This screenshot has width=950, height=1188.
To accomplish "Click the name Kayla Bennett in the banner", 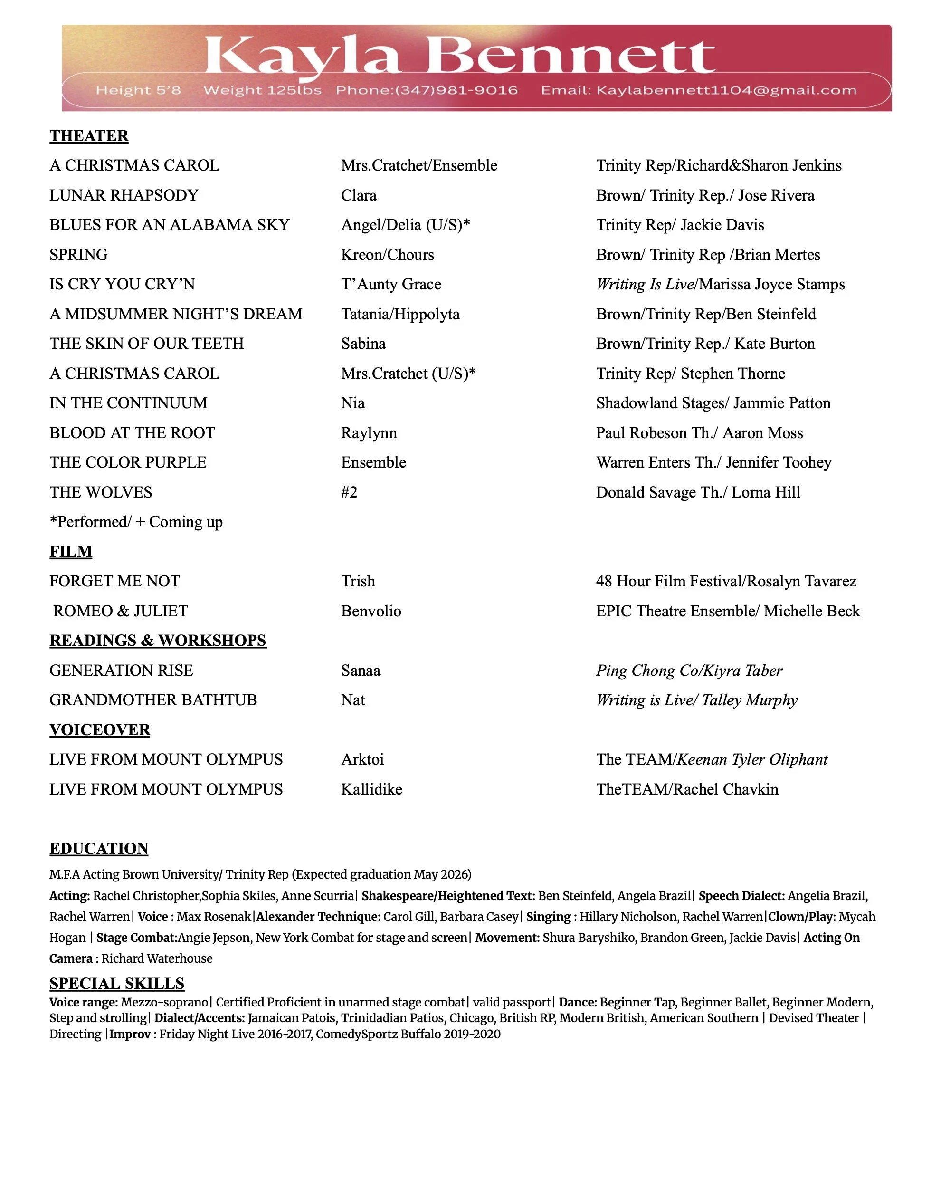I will point(459,56).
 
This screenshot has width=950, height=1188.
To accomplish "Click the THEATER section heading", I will point(89,136).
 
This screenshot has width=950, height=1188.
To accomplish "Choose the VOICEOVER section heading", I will point(100,729).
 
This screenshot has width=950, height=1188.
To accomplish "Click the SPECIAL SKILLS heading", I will point(117,984).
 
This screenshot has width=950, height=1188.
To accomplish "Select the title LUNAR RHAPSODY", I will point(124,195).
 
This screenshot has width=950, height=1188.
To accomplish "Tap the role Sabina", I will point(363,343).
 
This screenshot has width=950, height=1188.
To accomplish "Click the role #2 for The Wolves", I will point(349,492).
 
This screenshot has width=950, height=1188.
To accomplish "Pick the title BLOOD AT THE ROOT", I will point(132,432).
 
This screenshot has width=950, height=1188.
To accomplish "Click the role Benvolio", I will point(370,611).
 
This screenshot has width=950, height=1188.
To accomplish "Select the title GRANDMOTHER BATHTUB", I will point(153,700).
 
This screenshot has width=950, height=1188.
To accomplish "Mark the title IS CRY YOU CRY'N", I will point(122,284).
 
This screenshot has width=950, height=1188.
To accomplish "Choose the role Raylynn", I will point(369,432).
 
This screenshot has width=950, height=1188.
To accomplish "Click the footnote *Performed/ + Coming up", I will point(136,522).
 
